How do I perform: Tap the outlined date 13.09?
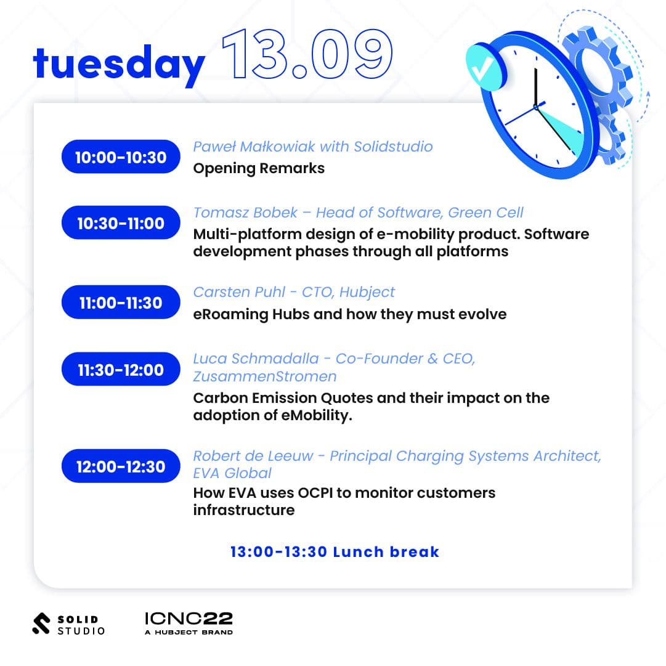point(307,54)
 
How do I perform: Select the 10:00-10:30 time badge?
point(121,156)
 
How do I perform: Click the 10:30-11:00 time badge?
point(121,222)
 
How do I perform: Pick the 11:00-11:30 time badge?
point(121,302)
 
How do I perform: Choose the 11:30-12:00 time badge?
point(121,369)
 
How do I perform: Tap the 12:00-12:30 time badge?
point(121,466)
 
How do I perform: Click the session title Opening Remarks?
point(259,169)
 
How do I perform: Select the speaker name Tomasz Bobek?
point(245,213)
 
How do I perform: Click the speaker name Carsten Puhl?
point(239,292)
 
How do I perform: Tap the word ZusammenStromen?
point(265,376)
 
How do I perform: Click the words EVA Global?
point(232,473)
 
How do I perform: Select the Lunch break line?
point(335,552)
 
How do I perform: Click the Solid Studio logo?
point(68,624)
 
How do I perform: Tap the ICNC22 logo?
point(189,623)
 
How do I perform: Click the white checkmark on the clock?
point(482,69)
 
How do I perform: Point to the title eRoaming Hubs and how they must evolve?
point(349,314)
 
